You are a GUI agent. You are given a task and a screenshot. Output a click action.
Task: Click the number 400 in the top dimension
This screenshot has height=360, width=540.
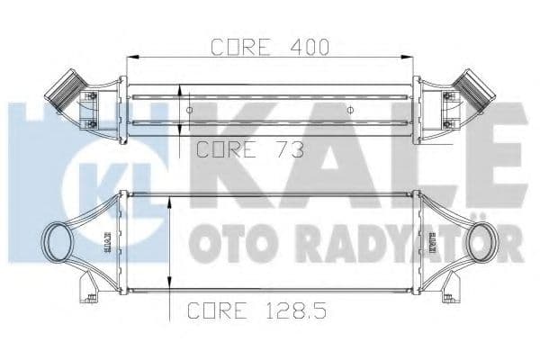307,46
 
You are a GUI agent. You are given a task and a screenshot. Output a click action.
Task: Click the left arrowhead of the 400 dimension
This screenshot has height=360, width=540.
131,58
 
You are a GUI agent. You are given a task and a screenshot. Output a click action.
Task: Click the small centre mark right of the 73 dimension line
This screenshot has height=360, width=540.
351,110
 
